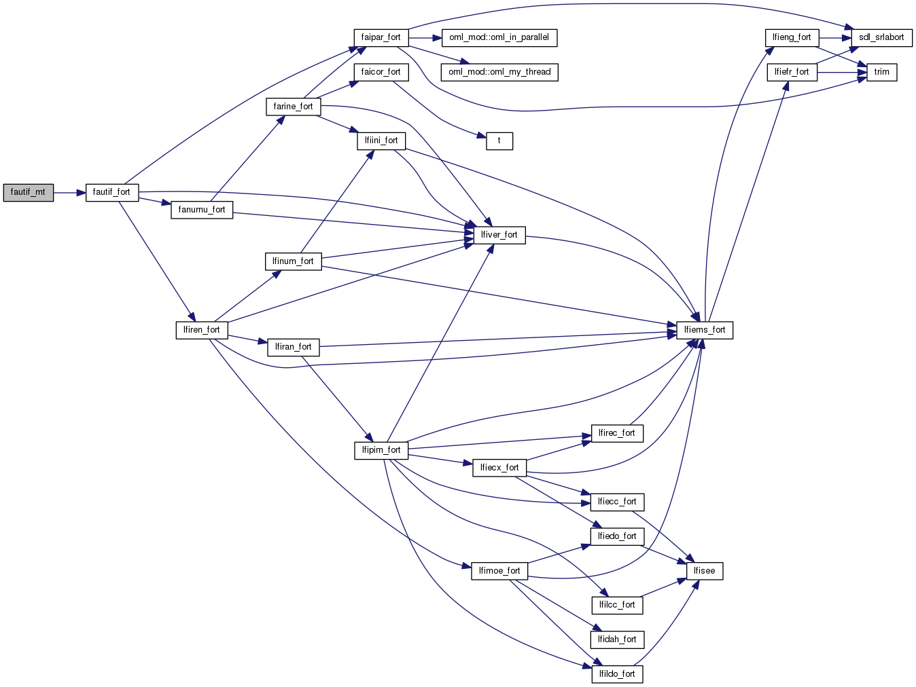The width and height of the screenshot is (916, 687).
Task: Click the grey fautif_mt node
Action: (28, 193)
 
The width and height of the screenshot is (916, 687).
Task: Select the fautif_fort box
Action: (111, 193)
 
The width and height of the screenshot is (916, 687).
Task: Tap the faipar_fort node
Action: (381, 37)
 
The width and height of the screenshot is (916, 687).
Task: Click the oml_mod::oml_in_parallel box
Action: (499, 37)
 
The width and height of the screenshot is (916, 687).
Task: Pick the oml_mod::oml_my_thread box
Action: (499, 72)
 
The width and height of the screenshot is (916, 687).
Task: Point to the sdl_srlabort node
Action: (881, 37)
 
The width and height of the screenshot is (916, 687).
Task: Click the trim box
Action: (881, 72)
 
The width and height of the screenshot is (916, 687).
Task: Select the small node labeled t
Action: (499, 141)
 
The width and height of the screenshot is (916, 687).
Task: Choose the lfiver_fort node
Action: (499, 235)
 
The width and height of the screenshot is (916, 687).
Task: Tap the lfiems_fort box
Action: (705, 330)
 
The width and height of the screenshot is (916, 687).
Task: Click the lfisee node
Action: (705, 571)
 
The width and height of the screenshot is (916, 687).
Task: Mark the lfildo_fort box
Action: (617, 674)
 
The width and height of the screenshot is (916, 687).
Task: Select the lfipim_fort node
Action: (381, 450)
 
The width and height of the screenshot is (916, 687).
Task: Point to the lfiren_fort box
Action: (201, 330)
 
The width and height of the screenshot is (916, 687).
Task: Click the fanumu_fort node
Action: (202, 210)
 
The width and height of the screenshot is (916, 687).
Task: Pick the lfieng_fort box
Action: (792, 37)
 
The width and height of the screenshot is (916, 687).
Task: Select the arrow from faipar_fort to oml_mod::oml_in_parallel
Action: (425, 37)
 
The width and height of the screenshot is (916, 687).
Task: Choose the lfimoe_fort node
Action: (499, 571)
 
